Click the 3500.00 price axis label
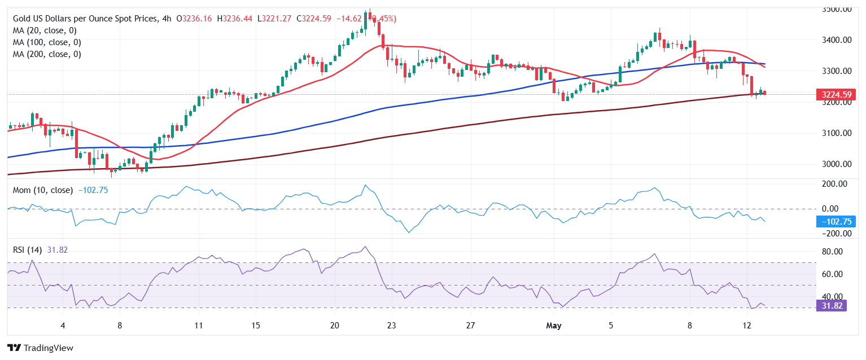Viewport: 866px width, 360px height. (x=837, y=9)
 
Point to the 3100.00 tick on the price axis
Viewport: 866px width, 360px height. (x=837, y=133)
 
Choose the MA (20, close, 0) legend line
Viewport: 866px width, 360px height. (x=45, y=30)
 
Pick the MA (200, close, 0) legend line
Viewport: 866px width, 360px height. (x=47, y=54)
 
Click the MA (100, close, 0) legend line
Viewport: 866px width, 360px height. (x=47, y=42)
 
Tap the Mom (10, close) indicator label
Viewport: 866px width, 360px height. (x=43, y=190)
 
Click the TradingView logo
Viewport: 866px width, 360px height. (x=40, y=348)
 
